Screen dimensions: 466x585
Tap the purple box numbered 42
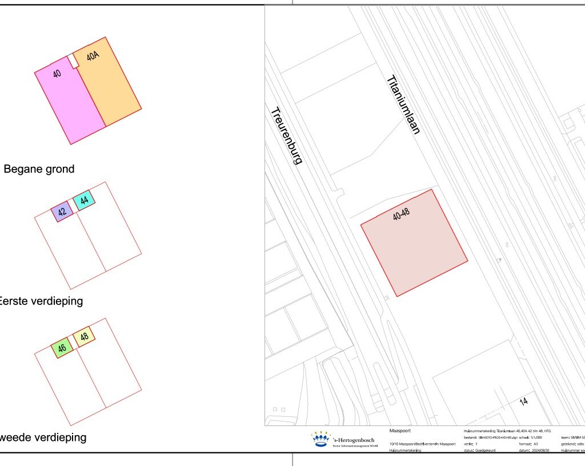pyautogui.click(x=62, y=211)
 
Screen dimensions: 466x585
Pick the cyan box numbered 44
pyautogui.click(x=84, y=200)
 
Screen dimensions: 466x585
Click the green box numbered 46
pyautogui.click(x=62, y=347)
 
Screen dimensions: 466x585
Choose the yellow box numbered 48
pyautogui.click(x=84, y=336)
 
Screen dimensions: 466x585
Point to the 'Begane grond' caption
pyautogui.click(x=39, y=169)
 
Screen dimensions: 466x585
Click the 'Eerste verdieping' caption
pyautogui.click(x=41, y=301)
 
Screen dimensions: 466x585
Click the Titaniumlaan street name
pyautogui.click(x=403, y=105)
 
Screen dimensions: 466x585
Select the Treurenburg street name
pyautogui.click(x=286, y=136)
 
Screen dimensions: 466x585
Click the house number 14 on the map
pyautogui.click(x=523, y=401)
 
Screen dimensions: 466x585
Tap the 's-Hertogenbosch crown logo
pyautogui.click(x=321, y=439)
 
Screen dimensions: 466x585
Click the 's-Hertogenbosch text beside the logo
pyautogui.click(x=354, y=440)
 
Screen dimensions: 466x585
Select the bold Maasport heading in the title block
pyautogui.click(x=400, y=431)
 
